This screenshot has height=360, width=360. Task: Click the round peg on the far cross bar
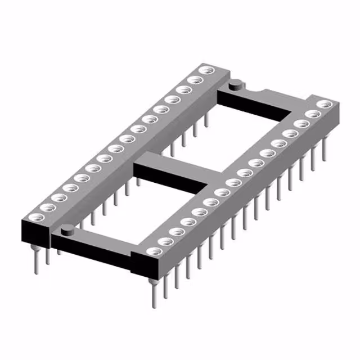pyautogui.click(x=235, y=84)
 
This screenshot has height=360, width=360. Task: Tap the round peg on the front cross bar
pyautogui.click(x=67, y=228)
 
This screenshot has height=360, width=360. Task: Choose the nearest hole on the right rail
pyautogui.click(x=150, y=251)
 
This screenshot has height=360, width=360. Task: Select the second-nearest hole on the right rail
pyautogui.click(x=164, y=240)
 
